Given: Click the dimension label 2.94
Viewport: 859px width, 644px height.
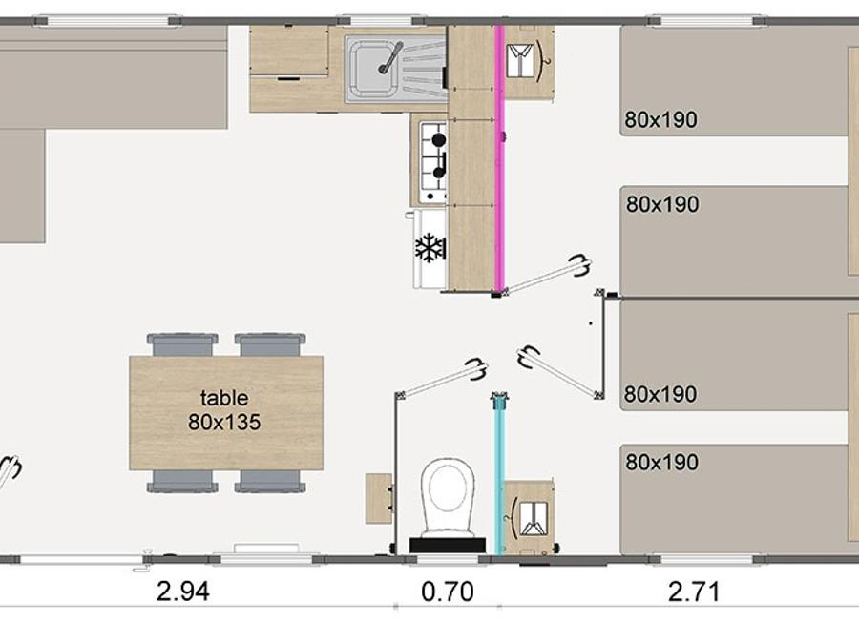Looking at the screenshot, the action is pyautogui.click(x=183, y=592).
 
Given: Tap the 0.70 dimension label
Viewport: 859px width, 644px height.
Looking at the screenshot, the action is pyautogui.click(x=447, y=592).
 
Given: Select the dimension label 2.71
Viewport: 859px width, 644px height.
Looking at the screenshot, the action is pyautogui.click(x=694, y=592).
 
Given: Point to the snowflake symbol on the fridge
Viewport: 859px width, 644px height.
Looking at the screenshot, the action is pyautogui.click(x=430, y=247).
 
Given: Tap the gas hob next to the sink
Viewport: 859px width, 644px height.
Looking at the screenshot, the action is pyautogui.click(x=433, y=161).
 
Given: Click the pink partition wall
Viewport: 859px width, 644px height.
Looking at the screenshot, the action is pyautogui.click(x=499, y=158).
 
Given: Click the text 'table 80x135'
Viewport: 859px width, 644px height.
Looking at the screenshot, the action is pyautogui.click(x=224, y=410).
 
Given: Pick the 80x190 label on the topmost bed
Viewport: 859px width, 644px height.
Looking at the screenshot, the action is pyautogui.click(x=660, y=119).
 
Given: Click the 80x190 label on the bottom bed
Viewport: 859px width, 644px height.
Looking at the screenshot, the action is pyautogui.click(x=661, y=462).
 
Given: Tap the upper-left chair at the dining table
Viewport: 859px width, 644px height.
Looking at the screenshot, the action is pyautogui.click(x=182, y=344).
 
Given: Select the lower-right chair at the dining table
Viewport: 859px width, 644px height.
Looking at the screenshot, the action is pyautogui.click(x=270, y=482).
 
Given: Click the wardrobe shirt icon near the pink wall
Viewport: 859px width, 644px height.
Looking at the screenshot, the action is pyautogui.click(x=520, y=60).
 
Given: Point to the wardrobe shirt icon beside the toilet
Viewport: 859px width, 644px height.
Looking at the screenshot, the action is pyautogui.click(x=533, y=518).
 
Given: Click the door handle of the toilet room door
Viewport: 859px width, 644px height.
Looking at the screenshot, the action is pyautogui.click(x=475, y=368).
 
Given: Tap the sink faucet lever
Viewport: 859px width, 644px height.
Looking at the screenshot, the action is pyautogui.click(x=390, y=58).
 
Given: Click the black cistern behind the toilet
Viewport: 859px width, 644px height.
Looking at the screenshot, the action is pyautogui.click(x=447, y=546).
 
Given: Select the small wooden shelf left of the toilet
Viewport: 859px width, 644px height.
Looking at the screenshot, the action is pyautogui.click(x=379, y=499).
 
